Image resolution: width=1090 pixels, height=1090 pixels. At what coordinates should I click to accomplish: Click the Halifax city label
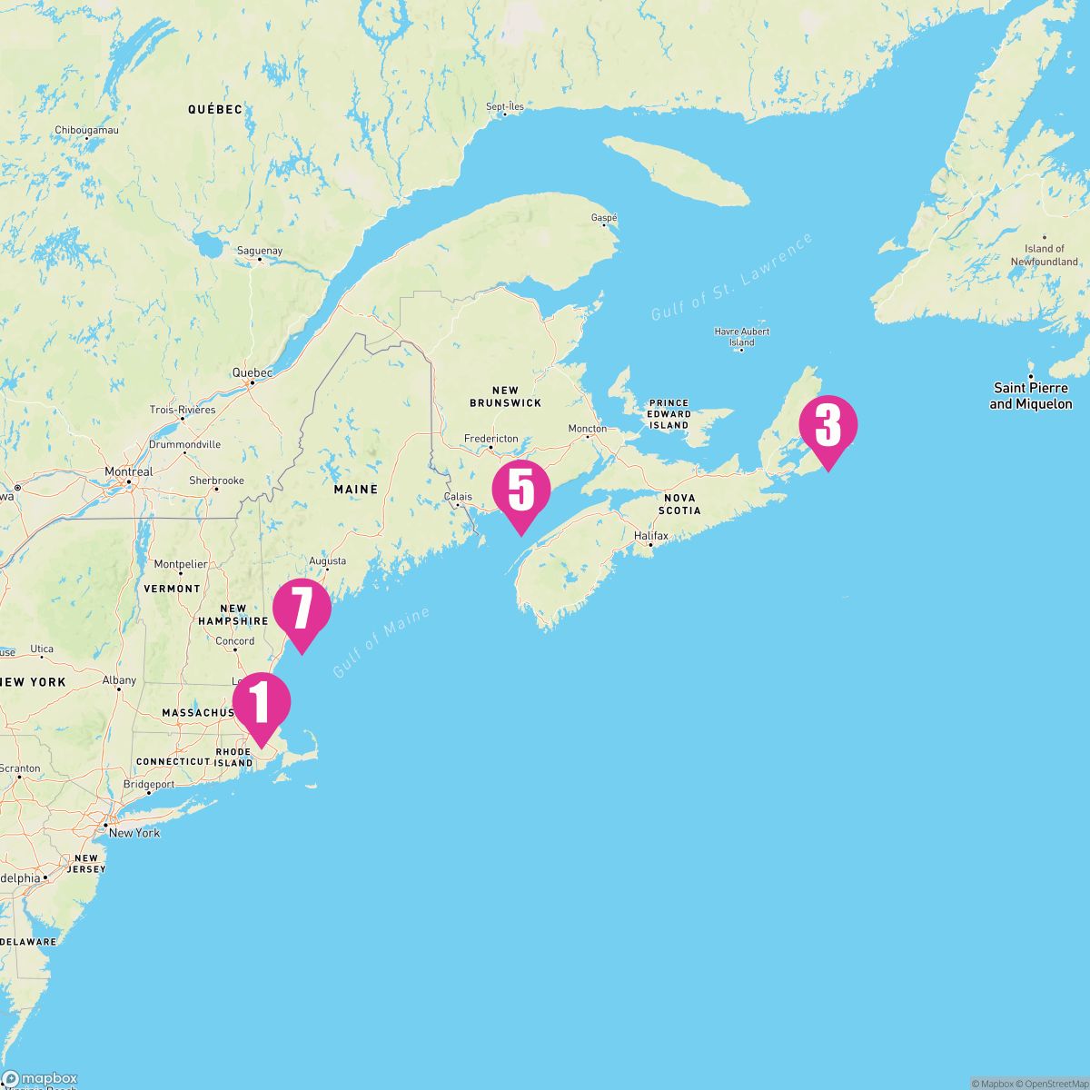point(650,536)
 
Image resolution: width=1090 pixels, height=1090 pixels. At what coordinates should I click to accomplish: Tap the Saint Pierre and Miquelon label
point(1031,396)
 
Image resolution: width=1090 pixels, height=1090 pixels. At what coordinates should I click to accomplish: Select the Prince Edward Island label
point(669,414)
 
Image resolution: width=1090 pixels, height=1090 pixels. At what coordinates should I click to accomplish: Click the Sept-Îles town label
point(505,106)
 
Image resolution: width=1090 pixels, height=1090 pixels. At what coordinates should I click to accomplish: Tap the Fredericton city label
point(490,438)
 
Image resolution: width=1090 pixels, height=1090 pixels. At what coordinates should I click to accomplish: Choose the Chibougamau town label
point(86,130)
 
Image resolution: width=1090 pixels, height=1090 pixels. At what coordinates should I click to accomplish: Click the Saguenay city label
point(259,251)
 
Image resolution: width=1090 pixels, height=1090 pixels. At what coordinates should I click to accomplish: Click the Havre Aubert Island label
point(742,337)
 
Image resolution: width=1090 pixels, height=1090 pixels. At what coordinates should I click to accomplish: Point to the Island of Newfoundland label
point(1045,255)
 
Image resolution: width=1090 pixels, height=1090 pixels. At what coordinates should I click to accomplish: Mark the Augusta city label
point(328,561)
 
